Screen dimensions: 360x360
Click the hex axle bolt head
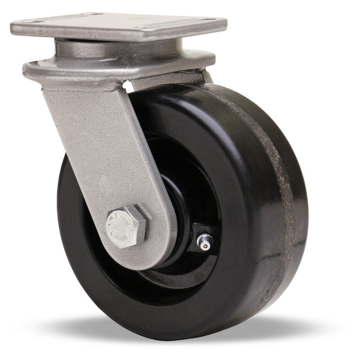coord(126,227)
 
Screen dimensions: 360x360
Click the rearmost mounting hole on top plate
coord(88,14)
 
